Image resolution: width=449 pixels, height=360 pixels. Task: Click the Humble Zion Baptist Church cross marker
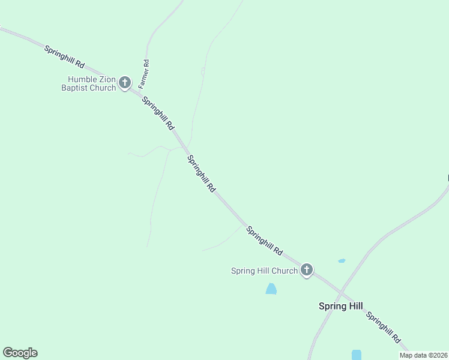(125, 83)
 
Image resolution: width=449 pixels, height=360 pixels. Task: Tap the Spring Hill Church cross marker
(307, 270)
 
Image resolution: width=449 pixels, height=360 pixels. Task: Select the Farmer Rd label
(144, 74)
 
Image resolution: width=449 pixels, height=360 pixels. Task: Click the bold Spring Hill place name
(340, 306)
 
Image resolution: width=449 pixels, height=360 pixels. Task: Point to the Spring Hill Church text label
(264, 271)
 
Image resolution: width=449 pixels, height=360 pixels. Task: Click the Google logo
(20, 353)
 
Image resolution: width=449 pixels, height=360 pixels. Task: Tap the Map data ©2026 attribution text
(424, 355)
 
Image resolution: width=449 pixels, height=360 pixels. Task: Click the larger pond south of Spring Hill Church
(271, 289)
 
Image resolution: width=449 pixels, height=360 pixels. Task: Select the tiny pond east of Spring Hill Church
(342, 260)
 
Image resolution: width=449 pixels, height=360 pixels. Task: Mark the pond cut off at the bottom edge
(357, 355)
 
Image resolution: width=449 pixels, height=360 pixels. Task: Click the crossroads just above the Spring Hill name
(340, 292)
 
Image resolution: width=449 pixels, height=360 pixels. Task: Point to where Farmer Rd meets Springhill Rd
(139, 92)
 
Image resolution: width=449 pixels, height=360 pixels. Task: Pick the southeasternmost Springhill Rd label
(383, 328)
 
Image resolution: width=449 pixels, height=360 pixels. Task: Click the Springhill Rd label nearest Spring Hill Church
(264, 240)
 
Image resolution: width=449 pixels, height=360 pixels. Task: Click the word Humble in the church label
(82, 79)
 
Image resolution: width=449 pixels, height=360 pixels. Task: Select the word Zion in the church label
(107, 79)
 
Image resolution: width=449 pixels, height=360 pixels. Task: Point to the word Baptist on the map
(75, 88)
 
